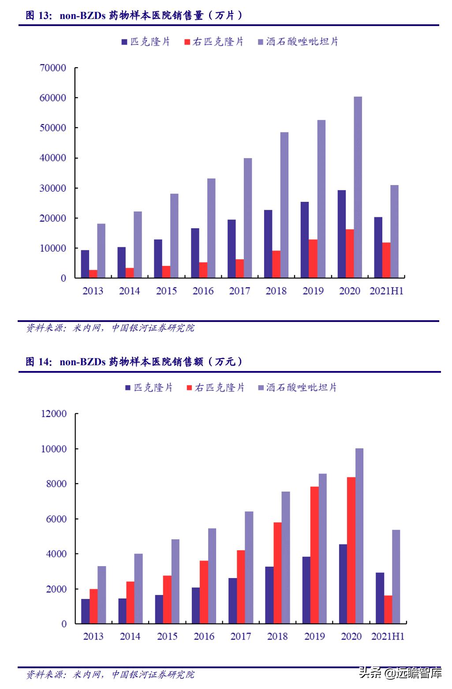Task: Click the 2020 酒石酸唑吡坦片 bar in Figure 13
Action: tap(358, 187)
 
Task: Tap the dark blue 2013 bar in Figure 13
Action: tap(85, 264)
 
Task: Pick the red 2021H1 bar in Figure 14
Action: tap(388, 609)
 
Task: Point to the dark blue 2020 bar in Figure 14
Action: tap(343, 584)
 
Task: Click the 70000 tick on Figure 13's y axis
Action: tap(53, 68)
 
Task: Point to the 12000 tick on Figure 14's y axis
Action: tap(54, 414)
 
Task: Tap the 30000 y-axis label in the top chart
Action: tap(53, 188)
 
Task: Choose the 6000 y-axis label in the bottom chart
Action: tap(56, 519)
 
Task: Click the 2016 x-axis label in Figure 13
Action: tap(203, 291)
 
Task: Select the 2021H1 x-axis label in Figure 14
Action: tap(388, 636)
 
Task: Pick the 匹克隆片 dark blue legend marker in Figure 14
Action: tap(128, 388)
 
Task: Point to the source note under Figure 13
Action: tap(110, 328)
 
